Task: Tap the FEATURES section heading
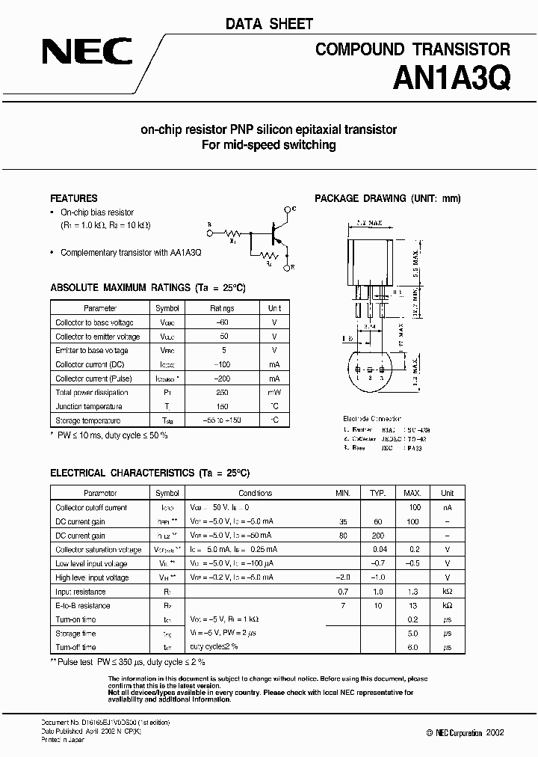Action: click(x=73, y=198)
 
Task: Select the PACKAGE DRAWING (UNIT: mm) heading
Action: click(x=388, y=198)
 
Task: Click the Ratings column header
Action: click(x=222, y=308)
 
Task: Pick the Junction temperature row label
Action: click(x=88, y=406)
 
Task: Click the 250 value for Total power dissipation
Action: click(x=222, y=392)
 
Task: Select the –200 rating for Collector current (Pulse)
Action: click(x=222, y=378)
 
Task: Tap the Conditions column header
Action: click(x=255, y=494)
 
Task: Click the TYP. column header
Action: click(x=377, y=494)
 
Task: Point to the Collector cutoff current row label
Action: click(x=91, y=508)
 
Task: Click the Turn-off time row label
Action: click(x=75, y=647)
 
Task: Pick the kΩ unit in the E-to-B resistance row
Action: click(x=447, y=606)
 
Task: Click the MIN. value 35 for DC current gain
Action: click(x=343, y=521)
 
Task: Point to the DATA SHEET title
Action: click(x=269, y=25)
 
